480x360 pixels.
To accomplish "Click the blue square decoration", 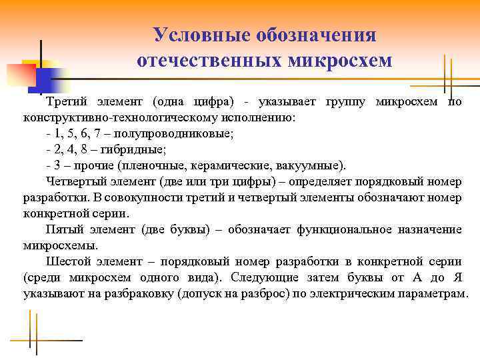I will click(x=39, y=80).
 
